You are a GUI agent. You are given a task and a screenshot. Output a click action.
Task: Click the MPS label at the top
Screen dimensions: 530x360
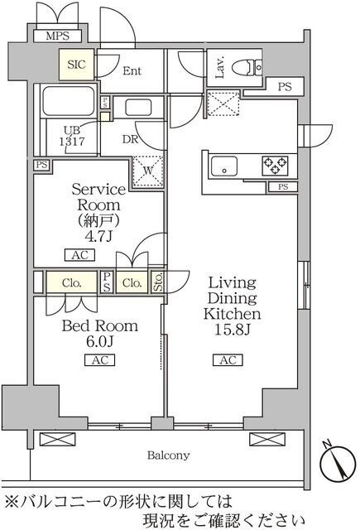[x=56, y=36]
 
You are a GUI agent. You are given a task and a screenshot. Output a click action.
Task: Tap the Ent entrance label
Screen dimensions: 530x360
[x=132, y=71]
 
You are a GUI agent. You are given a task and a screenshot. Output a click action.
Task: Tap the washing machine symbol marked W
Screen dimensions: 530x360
[x=148, y=171]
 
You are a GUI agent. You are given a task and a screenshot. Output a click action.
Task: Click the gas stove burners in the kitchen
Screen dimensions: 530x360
[x=275, y=165]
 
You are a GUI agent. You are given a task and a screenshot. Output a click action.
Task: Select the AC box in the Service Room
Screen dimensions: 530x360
[x=74, y=256]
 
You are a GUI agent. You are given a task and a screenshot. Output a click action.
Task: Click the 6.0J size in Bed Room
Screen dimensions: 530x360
[x=98, y=341]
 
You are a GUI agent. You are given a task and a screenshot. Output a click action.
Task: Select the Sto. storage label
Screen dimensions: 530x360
[x=157, y=282]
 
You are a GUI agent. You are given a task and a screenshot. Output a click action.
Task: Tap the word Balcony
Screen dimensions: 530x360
[x=169, y=455]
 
